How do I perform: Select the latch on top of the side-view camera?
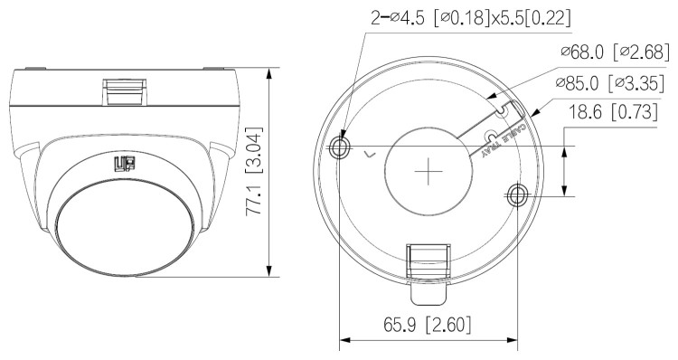tap(122, 90)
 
